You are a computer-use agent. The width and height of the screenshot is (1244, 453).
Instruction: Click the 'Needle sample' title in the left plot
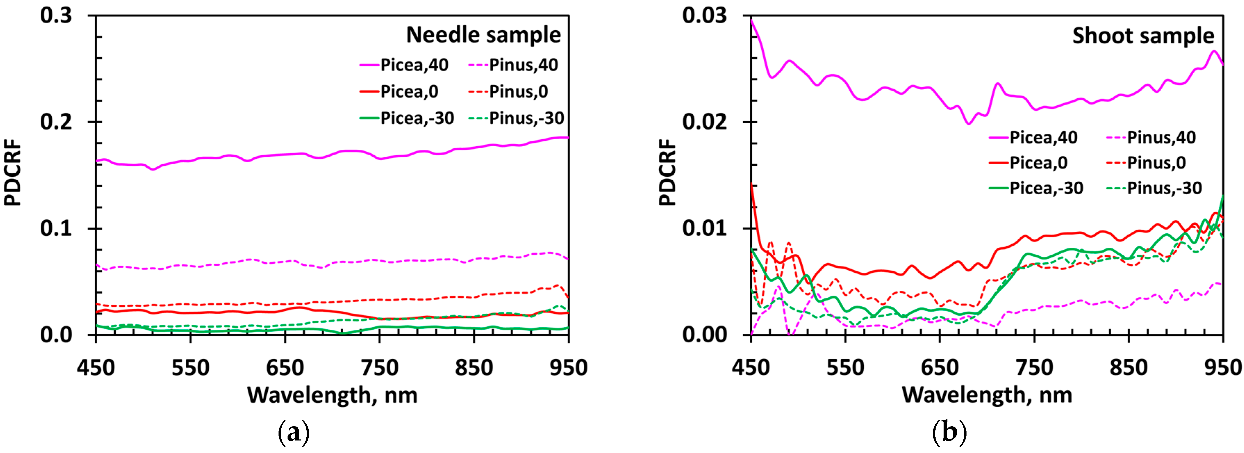click(x=483, y=35)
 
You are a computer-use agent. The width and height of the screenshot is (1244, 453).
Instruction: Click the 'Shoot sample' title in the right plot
click(x=1143, y=36)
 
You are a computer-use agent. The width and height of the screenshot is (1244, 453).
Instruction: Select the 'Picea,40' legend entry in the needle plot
click(x=414, y=65)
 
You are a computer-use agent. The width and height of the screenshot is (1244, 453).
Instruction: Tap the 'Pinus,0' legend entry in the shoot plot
click(x=1156, y=163)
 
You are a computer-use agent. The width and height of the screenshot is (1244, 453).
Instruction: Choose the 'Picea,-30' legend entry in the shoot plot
click(x=1046, y=188)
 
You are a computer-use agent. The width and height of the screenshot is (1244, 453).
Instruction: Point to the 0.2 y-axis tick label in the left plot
click(x=56, y=121)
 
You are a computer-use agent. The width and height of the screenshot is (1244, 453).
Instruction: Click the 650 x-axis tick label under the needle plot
click(x=285, y=368)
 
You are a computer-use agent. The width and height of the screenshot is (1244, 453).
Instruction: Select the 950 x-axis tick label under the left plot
click(x=569, y=368)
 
